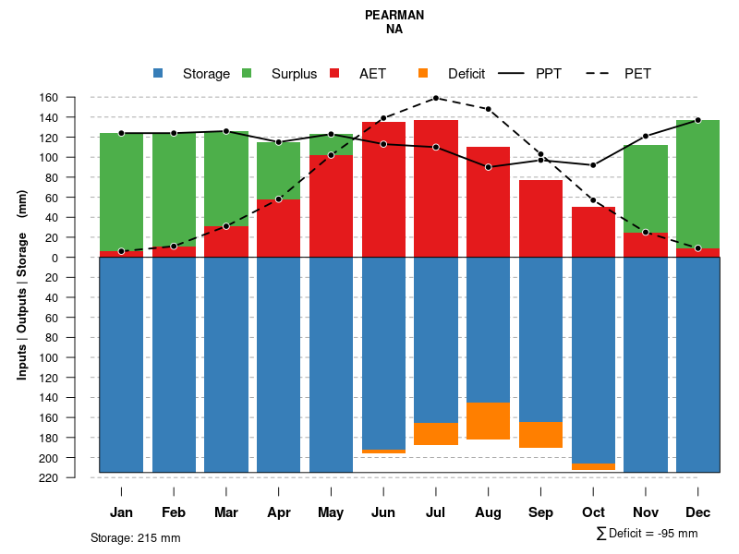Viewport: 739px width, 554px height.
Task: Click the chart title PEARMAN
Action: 394,16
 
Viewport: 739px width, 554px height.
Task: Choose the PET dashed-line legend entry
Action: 636,74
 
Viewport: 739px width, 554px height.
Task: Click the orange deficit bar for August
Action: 488,421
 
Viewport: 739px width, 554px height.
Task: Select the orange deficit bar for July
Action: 436,434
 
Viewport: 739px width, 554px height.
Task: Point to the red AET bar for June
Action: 383,189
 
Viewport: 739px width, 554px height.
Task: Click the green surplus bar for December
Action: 697,184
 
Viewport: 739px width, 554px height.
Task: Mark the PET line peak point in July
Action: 435,98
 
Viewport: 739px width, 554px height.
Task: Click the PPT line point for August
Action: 488,167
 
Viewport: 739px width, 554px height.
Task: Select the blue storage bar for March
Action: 226,365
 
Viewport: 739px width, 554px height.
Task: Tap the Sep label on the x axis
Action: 541,512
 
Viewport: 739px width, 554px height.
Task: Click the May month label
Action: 331,512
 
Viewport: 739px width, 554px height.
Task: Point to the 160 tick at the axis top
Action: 75,98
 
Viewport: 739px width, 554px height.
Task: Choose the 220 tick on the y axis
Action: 75,477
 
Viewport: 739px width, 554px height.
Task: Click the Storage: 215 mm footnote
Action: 135,537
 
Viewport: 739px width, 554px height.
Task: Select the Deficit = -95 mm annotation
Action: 647,534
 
